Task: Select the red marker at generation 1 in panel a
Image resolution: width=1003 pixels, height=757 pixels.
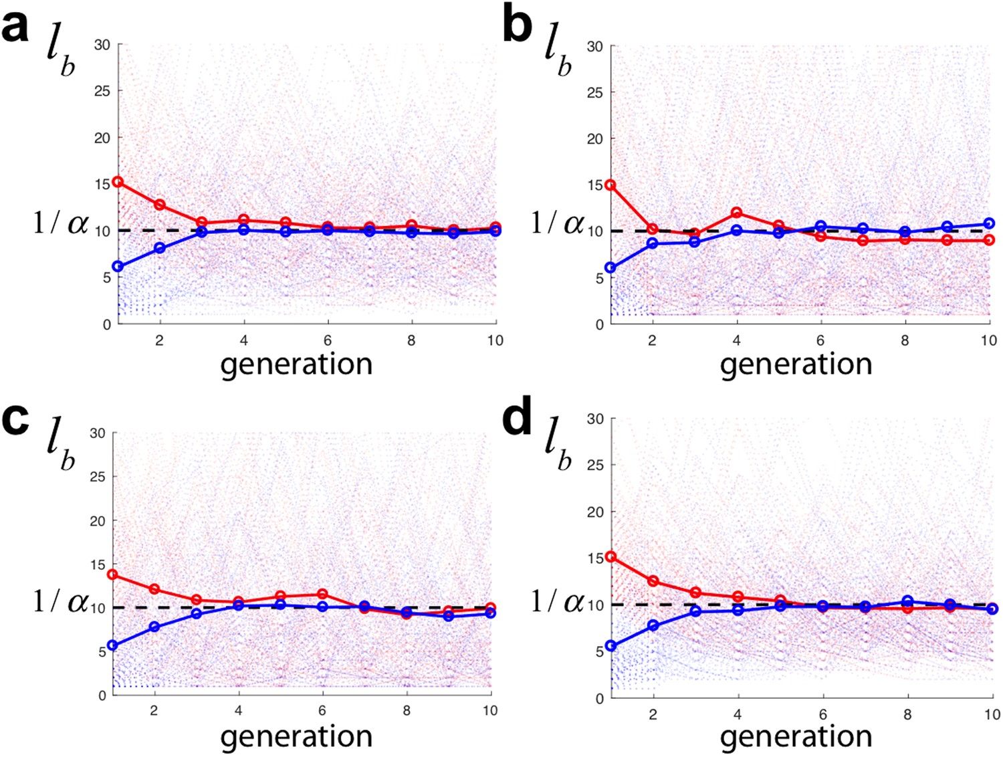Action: click(x=118, y=181)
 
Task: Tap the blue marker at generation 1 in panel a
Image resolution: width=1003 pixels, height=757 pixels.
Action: click(x=118, y=266)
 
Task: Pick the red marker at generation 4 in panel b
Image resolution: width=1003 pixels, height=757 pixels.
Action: click(x=736, y=213)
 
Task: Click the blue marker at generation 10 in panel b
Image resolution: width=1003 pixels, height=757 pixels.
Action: click(x=989, y=223)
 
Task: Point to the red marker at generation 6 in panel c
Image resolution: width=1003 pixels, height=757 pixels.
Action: click(x=322, y=594)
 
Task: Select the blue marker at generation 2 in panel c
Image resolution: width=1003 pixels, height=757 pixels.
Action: click(x=154, y=627)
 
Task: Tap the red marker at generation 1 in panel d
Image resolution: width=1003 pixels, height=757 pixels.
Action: click(x=610, y=556)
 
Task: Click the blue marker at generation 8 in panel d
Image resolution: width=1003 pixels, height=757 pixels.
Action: click(x=907, y=601)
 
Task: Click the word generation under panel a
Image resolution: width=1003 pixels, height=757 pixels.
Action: click(x=296, y=364)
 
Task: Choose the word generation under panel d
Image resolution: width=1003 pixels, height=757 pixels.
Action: click(x=796, y=736)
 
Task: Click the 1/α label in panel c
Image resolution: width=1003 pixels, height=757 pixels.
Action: click(x=60, y=601)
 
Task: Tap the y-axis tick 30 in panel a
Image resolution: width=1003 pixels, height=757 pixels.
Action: click(x=102, y=44)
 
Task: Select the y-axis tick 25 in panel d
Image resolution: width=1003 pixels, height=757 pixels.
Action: click(x=595, y=465)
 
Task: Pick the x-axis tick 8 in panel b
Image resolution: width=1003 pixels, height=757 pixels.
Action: click(x=905, y=340)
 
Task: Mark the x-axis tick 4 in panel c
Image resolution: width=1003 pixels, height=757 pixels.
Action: click(x=238, y=710)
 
